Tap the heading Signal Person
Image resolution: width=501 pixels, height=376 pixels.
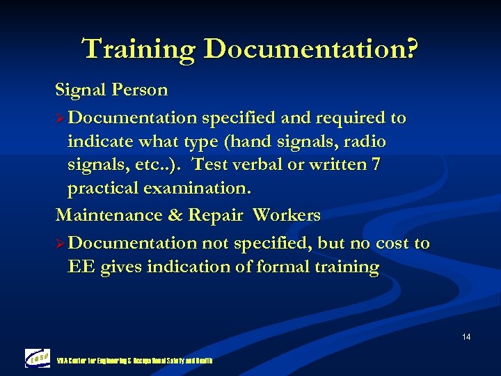coord(111,90)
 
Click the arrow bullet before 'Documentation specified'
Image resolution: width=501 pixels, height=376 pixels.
coord(61,118)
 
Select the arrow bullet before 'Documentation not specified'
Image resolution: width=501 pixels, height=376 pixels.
coord(61,244)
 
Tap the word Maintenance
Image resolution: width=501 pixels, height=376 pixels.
coord(107,215)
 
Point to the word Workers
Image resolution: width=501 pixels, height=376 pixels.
coord(286,215)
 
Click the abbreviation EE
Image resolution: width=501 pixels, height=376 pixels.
coord(81,267)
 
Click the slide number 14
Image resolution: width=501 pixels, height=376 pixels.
coord(466,337)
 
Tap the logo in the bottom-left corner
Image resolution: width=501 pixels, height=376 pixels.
coord(38,358)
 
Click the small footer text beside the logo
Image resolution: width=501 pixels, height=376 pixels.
coord(135,361)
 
